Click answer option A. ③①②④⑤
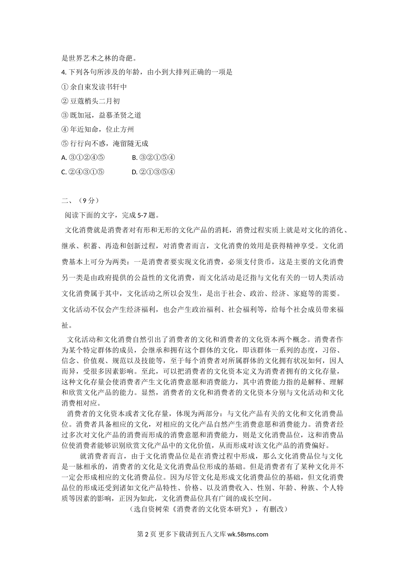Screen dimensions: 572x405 [83, 157]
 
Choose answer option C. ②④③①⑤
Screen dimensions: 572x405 [83, 172]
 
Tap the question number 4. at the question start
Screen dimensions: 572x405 [65, 72]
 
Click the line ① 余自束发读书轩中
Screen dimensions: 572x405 [94, 87]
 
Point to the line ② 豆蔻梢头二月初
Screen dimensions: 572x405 [91, 101]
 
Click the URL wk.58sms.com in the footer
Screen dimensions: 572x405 [248, 534]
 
